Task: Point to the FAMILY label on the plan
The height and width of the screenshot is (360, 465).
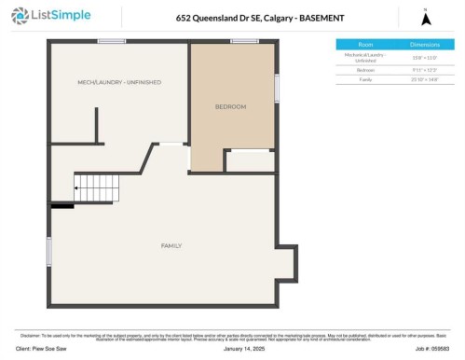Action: (x=171, y=245)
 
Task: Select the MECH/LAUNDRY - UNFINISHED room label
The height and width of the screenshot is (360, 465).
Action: (x=119, y=82)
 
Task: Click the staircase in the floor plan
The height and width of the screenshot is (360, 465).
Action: (x=93, y=188)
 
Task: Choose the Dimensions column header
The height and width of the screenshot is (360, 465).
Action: (x=424, y=44)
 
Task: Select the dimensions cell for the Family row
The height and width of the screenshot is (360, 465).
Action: (x=424, y=80)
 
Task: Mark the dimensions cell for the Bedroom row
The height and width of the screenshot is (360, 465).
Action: (x=424, y=70)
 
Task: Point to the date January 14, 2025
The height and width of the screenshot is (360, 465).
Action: (x=232, y=351)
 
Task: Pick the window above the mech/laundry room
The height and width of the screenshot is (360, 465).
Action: (x=112, y=41)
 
